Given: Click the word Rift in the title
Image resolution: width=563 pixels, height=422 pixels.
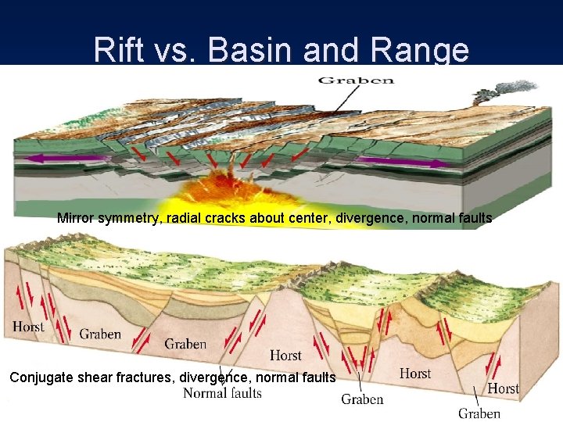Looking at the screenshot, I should point(118,50).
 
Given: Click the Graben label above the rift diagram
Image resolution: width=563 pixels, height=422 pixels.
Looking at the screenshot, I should point(356,80).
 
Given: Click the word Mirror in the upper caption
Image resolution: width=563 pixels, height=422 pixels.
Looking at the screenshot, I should point(77,219).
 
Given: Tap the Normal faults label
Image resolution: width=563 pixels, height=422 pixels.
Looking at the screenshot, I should point(222,393).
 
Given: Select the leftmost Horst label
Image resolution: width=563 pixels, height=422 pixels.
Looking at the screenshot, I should point(29,327).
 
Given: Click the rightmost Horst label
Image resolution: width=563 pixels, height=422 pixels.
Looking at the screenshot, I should point(503,388).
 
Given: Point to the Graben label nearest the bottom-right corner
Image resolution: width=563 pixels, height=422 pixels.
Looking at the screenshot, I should point(479,413).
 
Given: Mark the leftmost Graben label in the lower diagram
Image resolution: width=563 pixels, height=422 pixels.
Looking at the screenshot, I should point(100,334).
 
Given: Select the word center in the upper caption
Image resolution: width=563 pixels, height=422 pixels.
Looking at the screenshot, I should point(301,219).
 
